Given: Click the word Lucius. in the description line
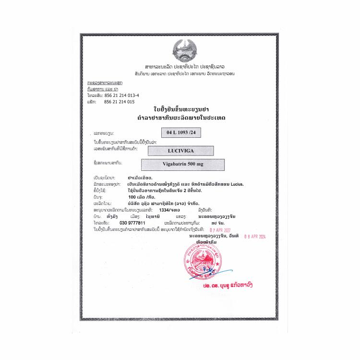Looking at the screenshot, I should [x=235, y=183].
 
